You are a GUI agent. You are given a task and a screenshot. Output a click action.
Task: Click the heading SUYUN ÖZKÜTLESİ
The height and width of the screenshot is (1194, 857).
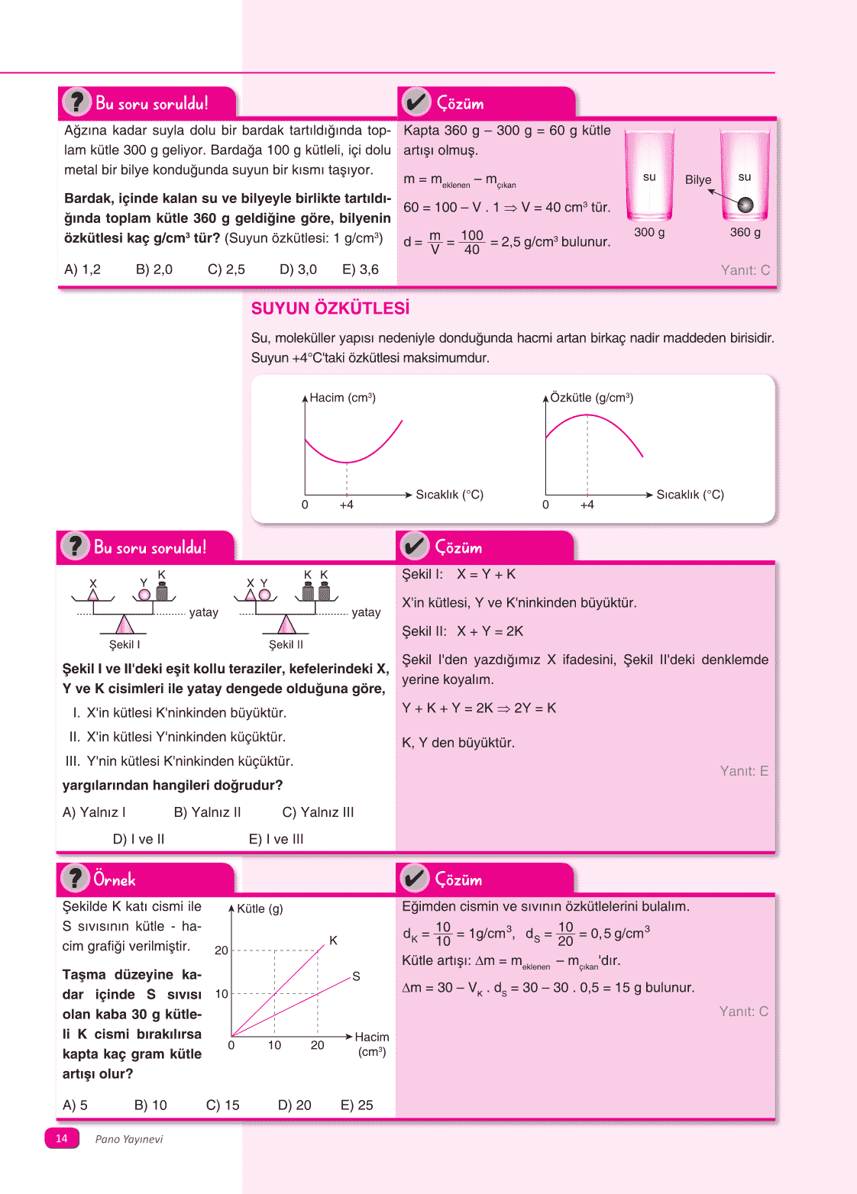tap(330, 308)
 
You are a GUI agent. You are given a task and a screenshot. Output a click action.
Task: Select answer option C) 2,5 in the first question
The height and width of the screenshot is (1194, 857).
tap(226, 269)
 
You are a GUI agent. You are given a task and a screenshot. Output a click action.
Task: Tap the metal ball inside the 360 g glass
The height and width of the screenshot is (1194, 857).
tap(745, 205)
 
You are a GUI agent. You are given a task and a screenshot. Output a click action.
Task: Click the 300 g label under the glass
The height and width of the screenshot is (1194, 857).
tap(649, 232)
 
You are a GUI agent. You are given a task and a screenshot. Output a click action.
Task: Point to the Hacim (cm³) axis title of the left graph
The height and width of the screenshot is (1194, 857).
tap(342, 398)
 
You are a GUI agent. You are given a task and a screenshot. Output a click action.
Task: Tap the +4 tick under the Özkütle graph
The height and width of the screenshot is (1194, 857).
tap(587, 505)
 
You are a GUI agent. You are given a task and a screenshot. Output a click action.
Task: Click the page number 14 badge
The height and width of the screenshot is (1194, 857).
tap(62, 1138)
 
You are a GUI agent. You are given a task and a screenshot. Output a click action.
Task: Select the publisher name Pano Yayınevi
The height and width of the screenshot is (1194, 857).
tap(129, 1139)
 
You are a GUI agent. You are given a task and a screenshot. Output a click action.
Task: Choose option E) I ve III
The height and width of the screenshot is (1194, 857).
tap(276, 839)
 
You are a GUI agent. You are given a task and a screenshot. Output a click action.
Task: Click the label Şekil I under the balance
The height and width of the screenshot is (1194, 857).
tap(125, 644)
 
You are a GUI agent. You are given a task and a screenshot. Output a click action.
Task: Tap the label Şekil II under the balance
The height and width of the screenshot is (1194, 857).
tap(286, 644)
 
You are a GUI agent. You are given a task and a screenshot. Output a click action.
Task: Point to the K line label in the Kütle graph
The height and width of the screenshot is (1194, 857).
tap(333, 941)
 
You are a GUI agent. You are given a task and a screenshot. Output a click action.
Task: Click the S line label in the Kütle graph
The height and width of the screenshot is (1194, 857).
tap(356, 976)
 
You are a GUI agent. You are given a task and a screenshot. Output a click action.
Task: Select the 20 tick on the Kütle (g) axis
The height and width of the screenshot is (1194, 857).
tap(222, 950)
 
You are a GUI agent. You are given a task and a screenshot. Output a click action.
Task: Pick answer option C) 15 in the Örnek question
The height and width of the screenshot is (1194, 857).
tap(223, 1105)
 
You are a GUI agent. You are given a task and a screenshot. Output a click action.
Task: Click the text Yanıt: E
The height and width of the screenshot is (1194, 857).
tap(743, 771)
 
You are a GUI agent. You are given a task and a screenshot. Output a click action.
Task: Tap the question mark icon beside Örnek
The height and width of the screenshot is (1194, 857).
tap(75, 879)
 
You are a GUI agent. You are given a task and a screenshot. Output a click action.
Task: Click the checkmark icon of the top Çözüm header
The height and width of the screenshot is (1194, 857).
tap(416, 102)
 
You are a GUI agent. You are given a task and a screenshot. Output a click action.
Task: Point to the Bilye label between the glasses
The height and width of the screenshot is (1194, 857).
tap(698, 180)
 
